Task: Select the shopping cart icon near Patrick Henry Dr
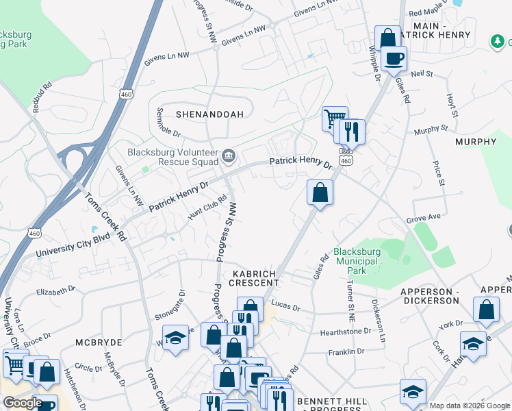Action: pos(335,118)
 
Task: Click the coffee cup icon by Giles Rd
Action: pos(394,58)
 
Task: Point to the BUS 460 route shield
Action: pos(346,157)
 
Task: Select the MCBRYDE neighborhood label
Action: pos(98,342)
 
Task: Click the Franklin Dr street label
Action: pos(346,352)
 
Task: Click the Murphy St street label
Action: pos(431,128)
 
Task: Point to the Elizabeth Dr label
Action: pos(55,291)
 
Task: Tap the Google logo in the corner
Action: pos(23,403)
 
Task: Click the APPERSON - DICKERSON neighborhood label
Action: pos(429,296)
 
